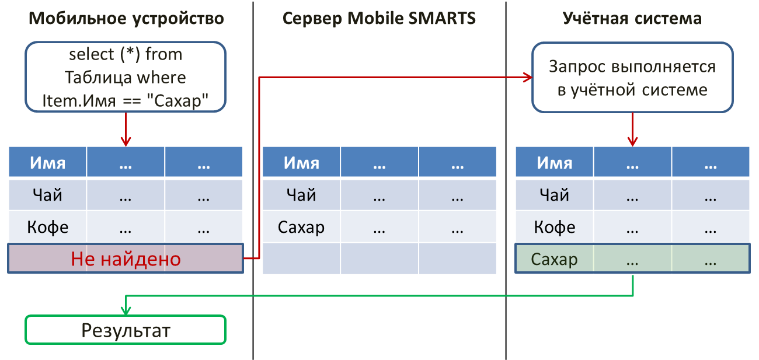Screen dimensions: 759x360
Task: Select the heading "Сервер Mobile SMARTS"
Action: pyautogui.click(x=379, y=18)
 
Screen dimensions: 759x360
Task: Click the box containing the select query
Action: pyautogui.click(x=126, y=77)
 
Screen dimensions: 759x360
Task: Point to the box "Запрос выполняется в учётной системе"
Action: pyautogui.click(x=632, y=78)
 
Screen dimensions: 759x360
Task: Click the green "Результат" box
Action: pyautogui.click(x=126, y=330)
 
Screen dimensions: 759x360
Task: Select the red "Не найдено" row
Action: pyautogui.click(x=126, y=258)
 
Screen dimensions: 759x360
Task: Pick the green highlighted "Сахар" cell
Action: pyautogui.click(x=554, y=260)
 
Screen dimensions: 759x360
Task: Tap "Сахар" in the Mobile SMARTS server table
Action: pyautogui.click(x=301, y=227)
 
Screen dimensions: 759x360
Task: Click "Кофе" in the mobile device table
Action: pyautogui.click(x=48, y=227)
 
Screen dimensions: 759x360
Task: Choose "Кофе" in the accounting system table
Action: pyautogui.click(x=555, y=227)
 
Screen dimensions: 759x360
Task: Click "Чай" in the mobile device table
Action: pyautogui.click(x=47, y=195)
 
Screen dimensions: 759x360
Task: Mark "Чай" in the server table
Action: pyautogui.click(x=301, y=195)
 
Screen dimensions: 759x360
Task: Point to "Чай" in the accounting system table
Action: pyautogui.click(x=554, y=195)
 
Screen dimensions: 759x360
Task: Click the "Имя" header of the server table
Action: pyautogui.click(x=301, y=163)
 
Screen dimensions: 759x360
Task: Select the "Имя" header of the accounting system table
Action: pyautogui.click(x=554, y=163)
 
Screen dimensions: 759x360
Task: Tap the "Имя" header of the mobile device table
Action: pyautogui.click(x=47, y=163)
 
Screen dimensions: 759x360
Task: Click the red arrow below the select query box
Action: pyautogui.click(x=126, y=130)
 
